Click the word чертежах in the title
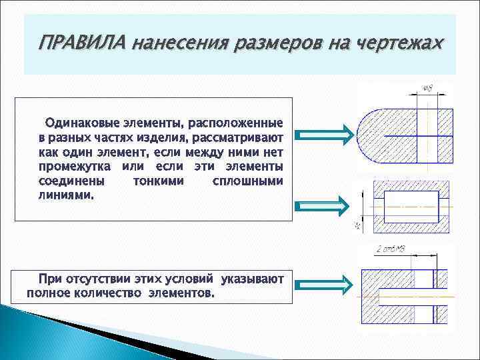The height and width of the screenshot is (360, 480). click(x=400, y=43)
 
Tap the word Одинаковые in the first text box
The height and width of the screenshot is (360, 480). click(x=80, y=123)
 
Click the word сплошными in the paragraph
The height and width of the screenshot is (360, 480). click(x=247, y=181)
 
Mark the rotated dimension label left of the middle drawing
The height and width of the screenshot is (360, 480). click(x=358, y=225)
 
